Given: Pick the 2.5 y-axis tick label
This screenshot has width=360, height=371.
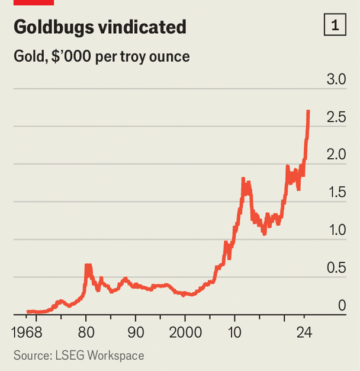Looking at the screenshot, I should pyautogui.click(x=335, y=118).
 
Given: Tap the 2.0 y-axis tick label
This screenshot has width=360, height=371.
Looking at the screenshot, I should pyautogui.click(x=335, y=155).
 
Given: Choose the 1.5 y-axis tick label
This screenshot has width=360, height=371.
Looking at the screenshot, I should pyautogui.click(x=335, y=193).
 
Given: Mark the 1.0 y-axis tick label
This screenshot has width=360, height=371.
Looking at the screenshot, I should pyautogui.click(x=335, y=231).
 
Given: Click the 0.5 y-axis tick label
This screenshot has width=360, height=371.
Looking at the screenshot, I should pyautogui.click(x=335, y=268).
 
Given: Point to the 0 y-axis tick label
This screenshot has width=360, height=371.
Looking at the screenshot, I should pyautogui.click(x=342, y=306).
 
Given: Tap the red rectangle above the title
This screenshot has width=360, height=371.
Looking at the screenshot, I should pyautogui.click(x=33, y=2).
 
